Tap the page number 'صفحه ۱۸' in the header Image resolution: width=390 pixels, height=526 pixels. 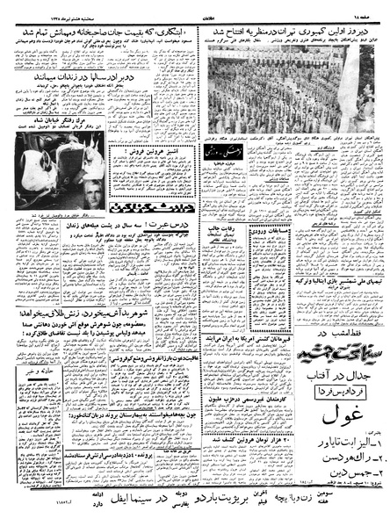[360, 8]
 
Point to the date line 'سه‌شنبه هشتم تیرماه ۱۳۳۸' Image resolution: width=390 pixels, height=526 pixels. [40, 8]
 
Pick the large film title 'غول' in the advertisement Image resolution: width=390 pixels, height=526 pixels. [335, 411]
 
